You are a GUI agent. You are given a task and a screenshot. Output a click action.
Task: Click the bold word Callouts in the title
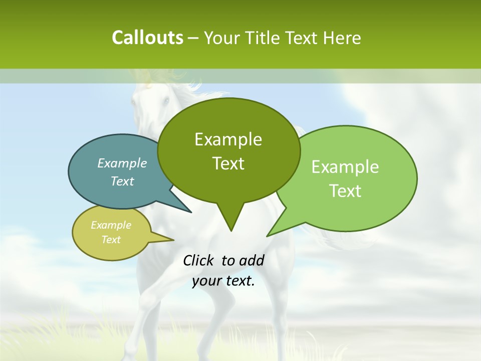147,38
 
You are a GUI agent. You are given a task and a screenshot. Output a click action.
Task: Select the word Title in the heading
265,38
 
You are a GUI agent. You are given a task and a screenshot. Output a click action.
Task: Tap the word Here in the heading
342,38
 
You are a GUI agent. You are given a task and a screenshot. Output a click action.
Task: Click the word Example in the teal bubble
122,163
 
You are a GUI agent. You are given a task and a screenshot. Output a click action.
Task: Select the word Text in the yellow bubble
111,240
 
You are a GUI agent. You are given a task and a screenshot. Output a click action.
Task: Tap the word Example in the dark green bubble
228,139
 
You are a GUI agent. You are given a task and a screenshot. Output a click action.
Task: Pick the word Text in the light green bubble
345,191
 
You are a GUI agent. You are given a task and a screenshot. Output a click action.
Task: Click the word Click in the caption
199,260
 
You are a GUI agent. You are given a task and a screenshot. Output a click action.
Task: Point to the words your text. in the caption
223,281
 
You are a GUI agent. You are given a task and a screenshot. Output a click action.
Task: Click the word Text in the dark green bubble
228,163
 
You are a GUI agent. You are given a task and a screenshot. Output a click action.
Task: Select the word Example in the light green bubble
345,167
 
